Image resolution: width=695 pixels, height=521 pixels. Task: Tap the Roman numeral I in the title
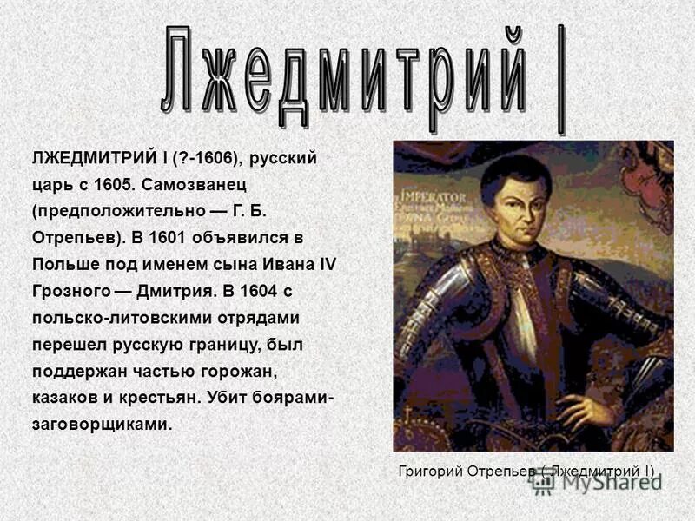coord(561,78)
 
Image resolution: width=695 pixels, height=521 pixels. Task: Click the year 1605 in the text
coord(112,185)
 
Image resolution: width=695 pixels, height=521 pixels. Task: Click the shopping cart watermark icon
coord(543,484)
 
